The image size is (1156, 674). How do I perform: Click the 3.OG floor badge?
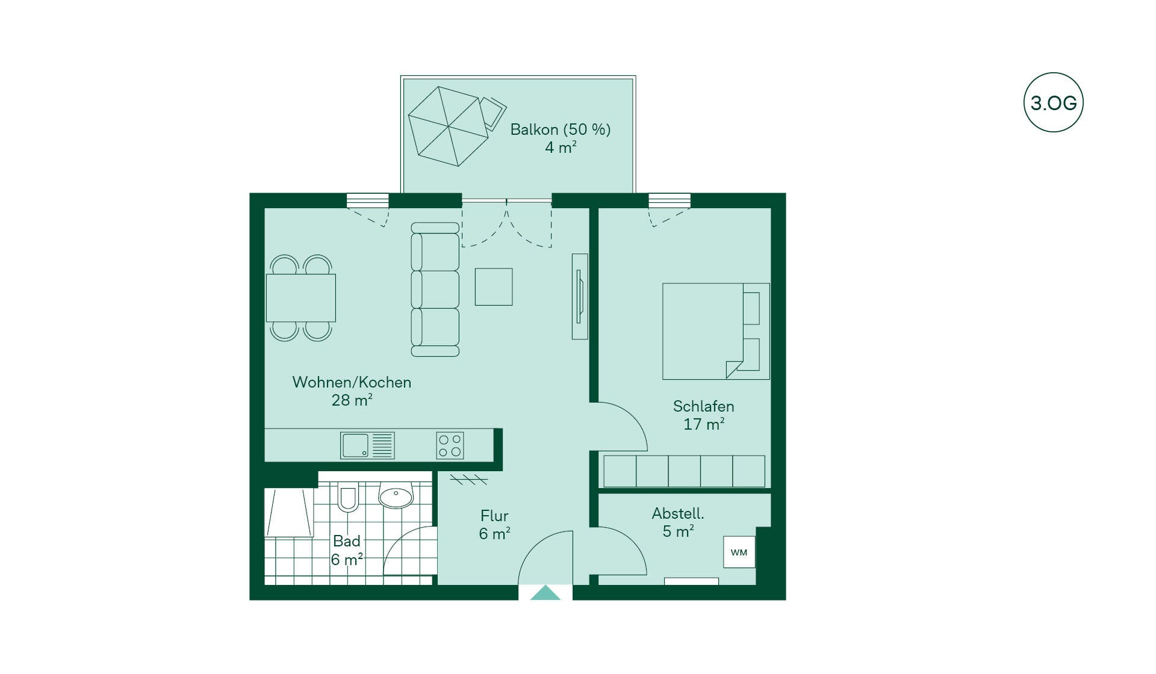pos(1053,103)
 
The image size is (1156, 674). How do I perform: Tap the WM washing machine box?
pos(739,552)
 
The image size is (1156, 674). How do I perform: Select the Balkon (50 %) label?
pos(560,129)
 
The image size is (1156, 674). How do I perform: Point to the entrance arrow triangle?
pos(545,593)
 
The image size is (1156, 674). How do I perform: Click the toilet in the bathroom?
pos(347,497)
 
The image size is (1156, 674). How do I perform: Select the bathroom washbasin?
pos(396,496)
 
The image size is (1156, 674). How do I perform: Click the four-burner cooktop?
pos(450,445)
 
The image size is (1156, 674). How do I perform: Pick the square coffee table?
pos(494,287)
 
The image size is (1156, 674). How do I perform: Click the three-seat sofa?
pos(435,289)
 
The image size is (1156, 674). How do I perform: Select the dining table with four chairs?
pos(301,298)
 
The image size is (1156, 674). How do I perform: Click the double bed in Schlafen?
pos(715,331)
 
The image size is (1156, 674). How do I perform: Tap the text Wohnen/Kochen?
pos(352,382)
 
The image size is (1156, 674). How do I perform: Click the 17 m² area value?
pos(703,424)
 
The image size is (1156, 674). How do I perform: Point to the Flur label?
pos(494,516)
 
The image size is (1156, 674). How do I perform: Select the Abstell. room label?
pos(678,513)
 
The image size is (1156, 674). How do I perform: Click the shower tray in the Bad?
pos(289,513)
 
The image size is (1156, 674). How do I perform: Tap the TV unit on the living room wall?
pos(579,296)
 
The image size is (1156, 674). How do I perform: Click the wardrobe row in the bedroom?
pos(684,471)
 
